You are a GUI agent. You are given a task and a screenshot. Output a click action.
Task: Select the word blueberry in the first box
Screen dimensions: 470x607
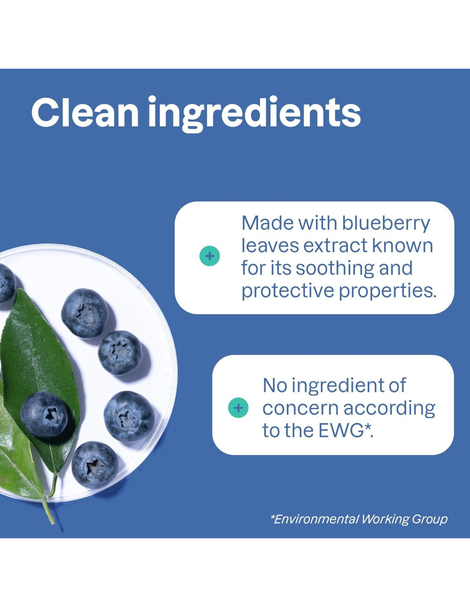pos(386,224)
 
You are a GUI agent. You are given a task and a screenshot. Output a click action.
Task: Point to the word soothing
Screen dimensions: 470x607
pos(335,268)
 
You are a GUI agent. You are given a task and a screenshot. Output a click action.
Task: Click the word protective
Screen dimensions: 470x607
pos(288,291)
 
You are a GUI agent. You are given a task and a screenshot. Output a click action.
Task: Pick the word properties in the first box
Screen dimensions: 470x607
pos(388,291)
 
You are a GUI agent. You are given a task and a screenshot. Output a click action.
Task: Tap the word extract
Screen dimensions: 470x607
pos(335,246)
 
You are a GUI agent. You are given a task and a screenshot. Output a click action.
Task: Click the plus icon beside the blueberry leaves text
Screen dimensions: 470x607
pos(210,256)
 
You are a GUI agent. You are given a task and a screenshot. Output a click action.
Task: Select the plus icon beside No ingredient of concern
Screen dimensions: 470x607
pos(238,408)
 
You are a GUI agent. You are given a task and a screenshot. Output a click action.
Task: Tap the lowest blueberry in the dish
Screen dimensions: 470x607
pos(95,465)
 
